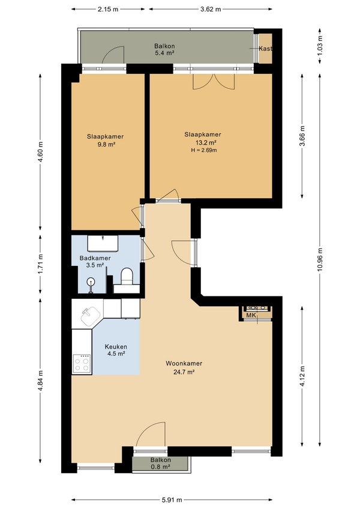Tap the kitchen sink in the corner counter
(x=90, y=316)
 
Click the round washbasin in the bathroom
(x=91, y=282)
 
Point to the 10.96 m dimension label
(x=320, y=259)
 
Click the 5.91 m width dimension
(x=172, y=500)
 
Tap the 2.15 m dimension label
(x=108, y=9)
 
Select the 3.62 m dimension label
(x=211, y=9)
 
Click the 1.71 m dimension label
(x=41, y=264)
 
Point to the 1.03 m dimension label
(x=320, y=46)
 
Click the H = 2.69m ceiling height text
(x=203, y=150)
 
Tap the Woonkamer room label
(x=184, y=364)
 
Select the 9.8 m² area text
(x=106, y=145)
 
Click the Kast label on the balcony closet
(x=265, y=49)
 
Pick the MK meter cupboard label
(x=251, y=315)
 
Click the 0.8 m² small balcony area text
(x=161, y=467)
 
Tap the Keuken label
(x=116, y=347)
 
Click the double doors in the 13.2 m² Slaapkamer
(x=213, y=81)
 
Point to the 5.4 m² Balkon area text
(x=164, y=53)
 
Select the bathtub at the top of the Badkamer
(x=103, y=243)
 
